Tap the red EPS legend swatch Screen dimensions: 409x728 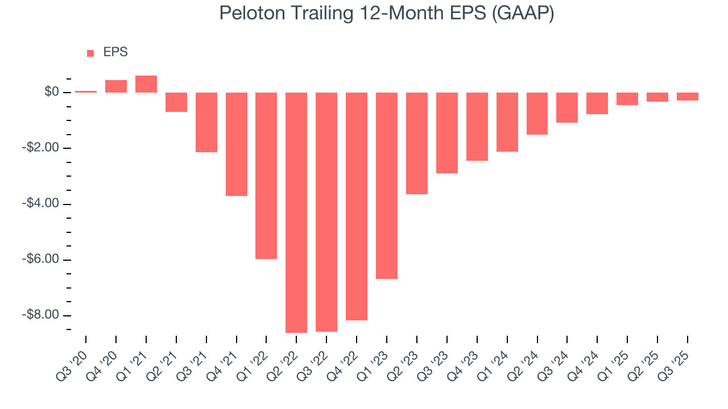coord(90,53)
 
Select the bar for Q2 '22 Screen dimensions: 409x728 coord(296,212)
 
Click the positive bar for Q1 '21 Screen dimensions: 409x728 coord(146,84)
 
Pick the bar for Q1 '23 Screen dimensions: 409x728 coord(387,185)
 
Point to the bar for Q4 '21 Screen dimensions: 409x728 coord(237,144)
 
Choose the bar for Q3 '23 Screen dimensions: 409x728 coord(447,132)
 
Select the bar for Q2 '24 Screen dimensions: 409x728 coord(537,113)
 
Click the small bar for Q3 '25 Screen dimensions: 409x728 coord(687,97)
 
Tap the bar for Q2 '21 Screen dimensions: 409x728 coord(176,102)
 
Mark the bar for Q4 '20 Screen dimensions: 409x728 coord(116,86)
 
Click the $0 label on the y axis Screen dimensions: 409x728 coord(52,92)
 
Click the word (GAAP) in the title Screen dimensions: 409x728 coord(524,14)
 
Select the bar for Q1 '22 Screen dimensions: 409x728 coord(266,176)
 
